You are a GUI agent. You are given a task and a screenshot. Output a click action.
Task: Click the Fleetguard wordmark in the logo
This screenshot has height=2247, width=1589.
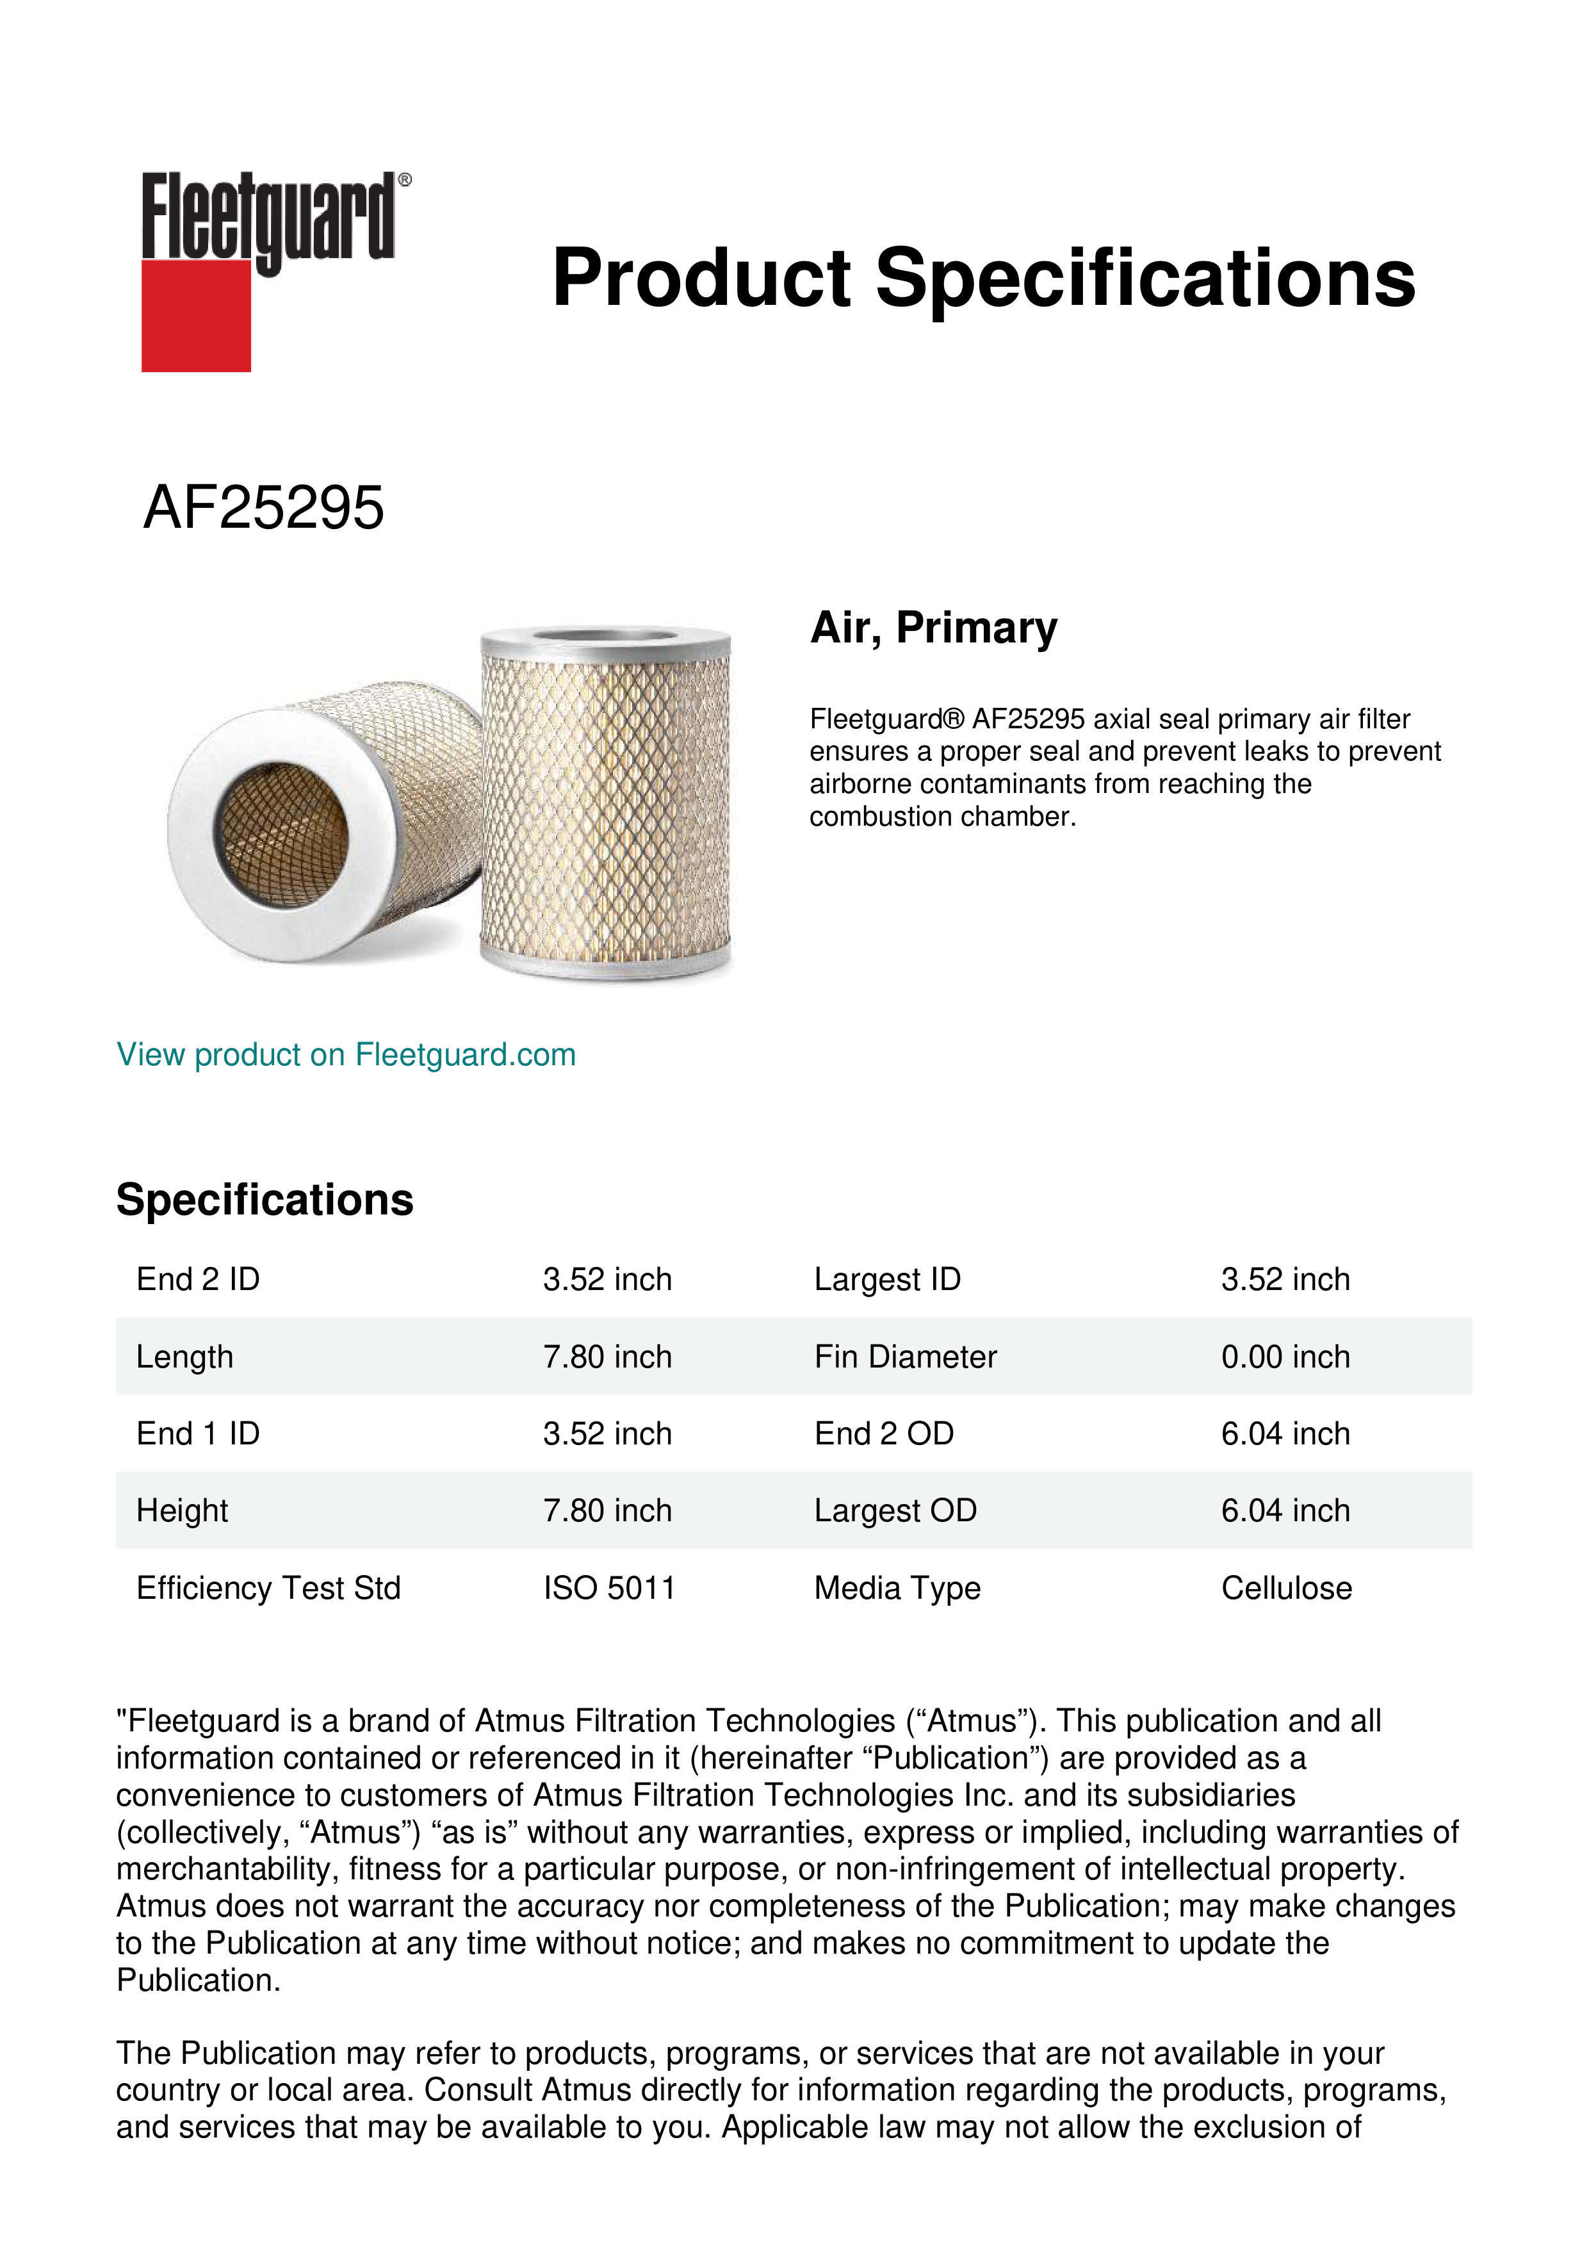click(x=269, y=217)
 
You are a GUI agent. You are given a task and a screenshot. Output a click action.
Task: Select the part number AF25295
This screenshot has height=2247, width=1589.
click(x=263, y=508)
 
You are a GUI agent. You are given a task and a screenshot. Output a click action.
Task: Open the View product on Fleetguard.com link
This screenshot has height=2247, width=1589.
click(x=346, y=1055)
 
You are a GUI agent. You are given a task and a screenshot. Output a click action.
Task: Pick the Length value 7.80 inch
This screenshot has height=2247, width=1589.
click(x=608, y=1357)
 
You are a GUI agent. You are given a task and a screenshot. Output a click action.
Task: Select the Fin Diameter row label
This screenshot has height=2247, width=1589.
click(x=905, y=1357)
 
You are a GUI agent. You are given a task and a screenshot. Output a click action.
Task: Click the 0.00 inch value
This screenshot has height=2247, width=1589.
click(x=1285, y=1357)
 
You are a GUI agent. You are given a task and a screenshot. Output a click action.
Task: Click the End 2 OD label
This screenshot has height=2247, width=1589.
click(x=884, y=1434)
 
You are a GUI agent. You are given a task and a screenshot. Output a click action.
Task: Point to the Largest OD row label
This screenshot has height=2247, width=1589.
click(x=895, y=1511)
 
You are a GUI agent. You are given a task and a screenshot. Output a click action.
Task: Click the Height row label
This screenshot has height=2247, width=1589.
click(x=182, y=1511)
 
